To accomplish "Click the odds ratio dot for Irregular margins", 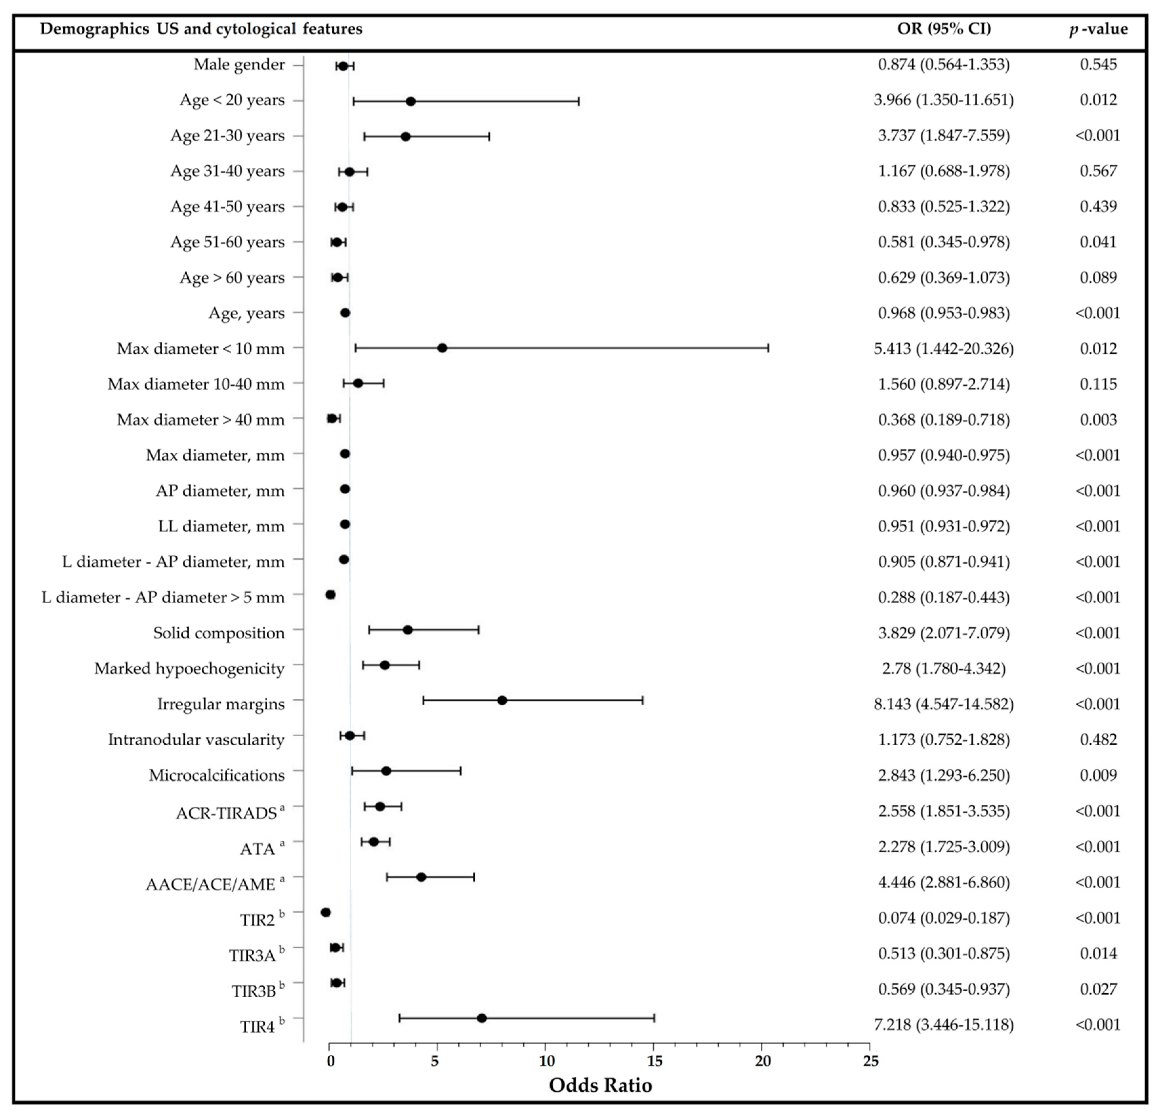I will pyautogui.click(x=502, y=700).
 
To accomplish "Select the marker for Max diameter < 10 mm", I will pyautogui.click(x=442, y=348).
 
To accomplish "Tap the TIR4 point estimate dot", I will pyautogui.click(x=481, y=1018).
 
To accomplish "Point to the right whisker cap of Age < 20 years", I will pyautogui.click(x=579, y=101).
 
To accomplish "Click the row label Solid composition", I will pyautogui.click(x=219, y=633).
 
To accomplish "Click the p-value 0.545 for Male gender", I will pyautogui.click(x=1098, y=64).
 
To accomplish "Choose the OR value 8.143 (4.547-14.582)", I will pyautogui.click(x=944, y=704).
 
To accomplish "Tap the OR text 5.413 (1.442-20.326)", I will pyautogui.click(x=944, y=349).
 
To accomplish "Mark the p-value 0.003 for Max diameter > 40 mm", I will pyautogui.click(x=1098, y=420).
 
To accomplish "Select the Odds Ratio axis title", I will pyautogui.click(x=600, y=1085).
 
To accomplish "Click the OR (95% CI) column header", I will pyautogui.click(x=944, y=28).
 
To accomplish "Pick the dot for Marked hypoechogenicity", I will pyautogui.click(x=384, y=665).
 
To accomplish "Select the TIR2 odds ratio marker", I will pyautogui.click(x=325, y=913).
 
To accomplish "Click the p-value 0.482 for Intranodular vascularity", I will pyautogui.click(x=1098, y=739).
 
